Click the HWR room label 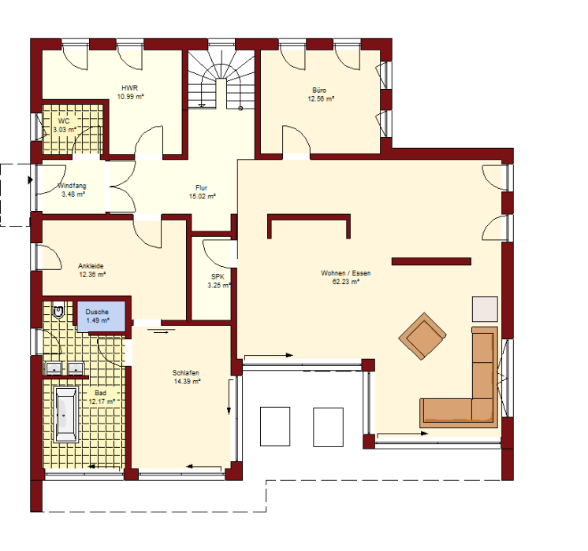130,88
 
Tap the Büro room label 319,91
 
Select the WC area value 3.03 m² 65,130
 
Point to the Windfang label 72,186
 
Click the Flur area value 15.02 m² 203,196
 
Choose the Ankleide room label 91,266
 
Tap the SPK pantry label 218,277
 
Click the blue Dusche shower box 101,316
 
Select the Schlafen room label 186,372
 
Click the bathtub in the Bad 66,414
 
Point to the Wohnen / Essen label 346,273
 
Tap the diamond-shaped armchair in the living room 422,336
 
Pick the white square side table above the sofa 485,309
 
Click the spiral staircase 221,80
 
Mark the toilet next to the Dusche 58,310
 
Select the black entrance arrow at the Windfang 31,180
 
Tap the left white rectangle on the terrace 275,427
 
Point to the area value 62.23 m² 346,282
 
